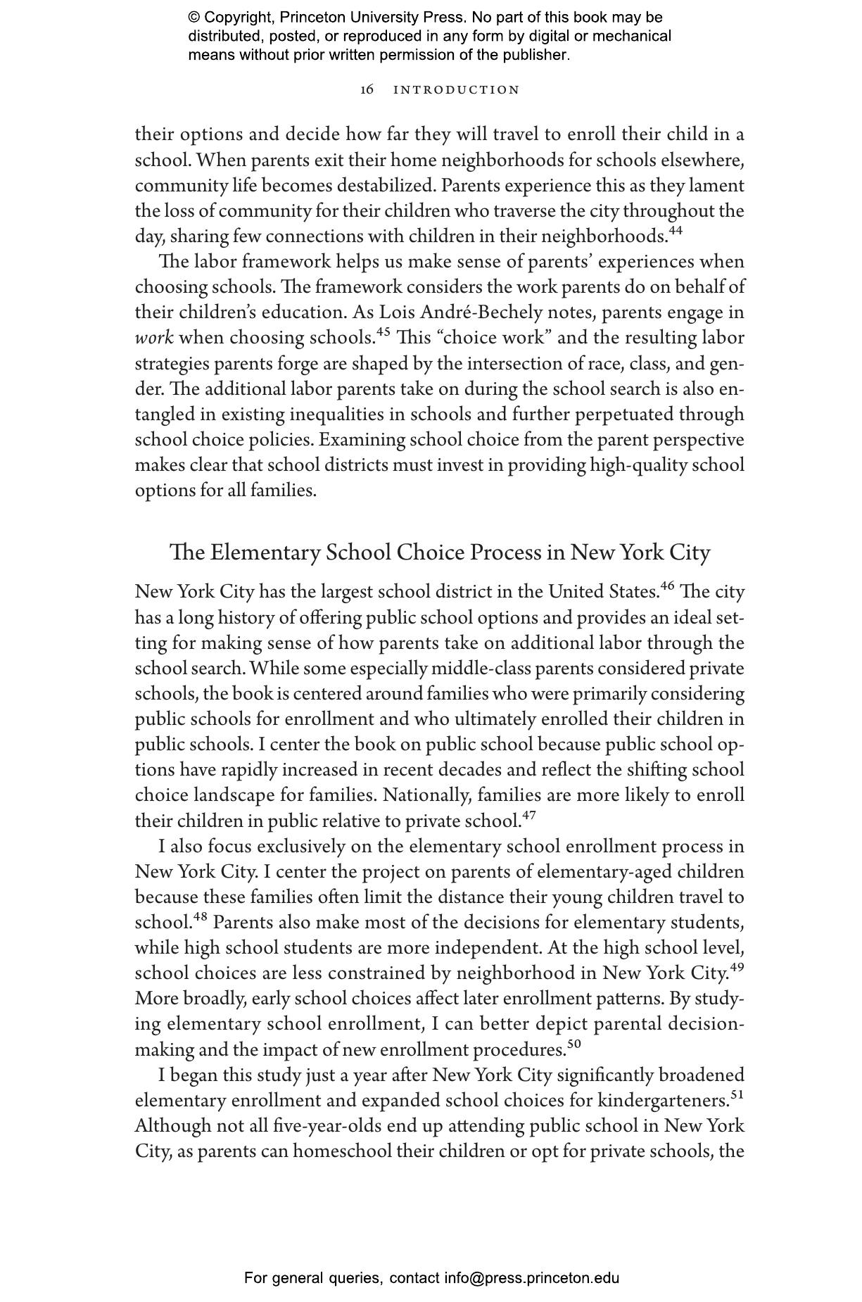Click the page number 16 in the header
pyautogui.click(x=367, y=89)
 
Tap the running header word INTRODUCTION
pyautogui.click(x=456, y=90)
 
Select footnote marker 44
pyautogui.click(x=676, y=231)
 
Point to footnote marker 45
pyautogui.click(x=384, y=332)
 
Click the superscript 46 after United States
pyautogui.click(x=668, y=586)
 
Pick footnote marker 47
pyautogui.click(x=529, y=816)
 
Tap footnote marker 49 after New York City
pyautogui.click(x=737, y=968)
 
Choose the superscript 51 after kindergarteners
pyautogui.click(x=737, y=1094)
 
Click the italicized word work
pyautogui.click(x=154, y=338)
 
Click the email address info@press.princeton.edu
pyautogui.click(x=531, y=1278)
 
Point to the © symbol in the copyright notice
pyautogui.click(x=194, y=18)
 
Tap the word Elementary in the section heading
pyautogui.click(x=265, y=552)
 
